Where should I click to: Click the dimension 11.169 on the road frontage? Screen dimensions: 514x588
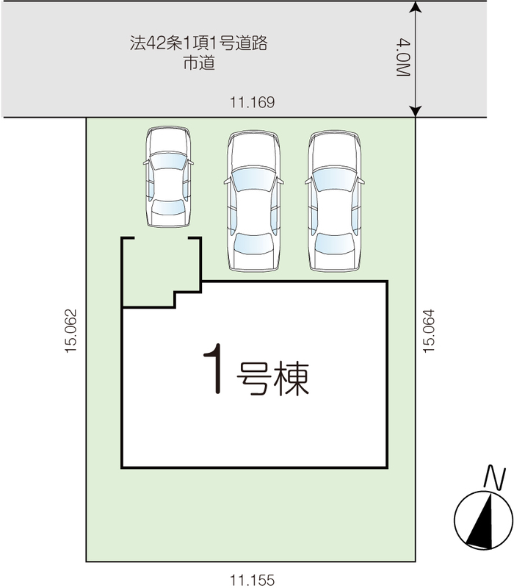(252, 102)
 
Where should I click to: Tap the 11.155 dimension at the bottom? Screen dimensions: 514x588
(252, 580)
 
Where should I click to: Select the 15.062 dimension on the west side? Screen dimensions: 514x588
(70, 330)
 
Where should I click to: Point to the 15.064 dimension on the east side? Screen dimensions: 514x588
(429, 330)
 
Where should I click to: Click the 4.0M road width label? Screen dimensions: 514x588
(403, 57)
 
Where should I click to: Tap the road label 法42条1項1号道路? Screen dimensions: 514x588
(198, 43)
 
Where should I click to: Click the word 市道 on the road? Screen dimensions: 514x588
(199, 62)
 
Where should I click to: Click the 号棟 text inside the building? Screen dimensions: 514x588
(272, 379)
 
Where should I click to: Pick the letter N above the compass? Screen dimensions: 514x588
(495, 477)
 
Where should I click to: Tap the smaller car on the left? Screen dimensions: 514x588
(168, 176)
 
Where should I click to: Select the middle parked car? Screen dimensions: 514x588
(253, 201)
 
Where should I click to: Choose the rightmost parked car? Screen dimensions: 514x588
(335, 201)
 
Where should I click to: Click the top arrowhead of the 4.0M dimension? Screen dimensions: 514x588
(416, 7)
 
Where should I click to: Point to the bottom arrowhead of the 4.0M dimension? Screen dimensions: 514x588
(416, 112)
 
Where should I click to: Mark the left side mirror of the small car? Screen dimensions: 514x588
(146, 162)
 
